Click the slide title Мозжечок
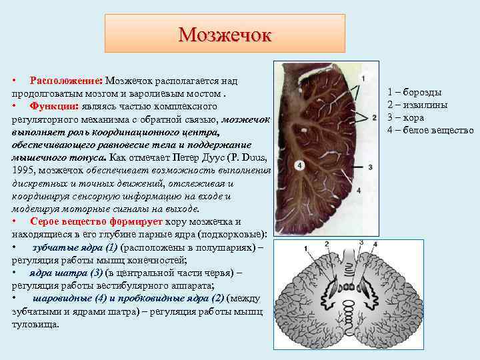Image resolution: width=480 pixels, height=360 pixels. pos(225,33)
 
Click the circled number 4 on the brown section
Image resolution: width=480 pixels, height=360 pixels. pos(301,165)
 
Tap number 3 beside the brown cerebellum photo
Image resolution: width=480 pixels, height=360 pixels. pos(370,167)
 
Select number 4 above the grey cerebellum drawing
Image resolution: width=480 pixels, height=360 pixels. pos(376,245)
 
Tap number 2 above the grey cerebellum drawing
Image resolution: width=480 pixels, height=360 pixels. pos(325,243)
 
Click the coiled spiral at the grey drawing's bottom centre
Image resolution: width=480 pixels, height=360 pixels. pos(348,311)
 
